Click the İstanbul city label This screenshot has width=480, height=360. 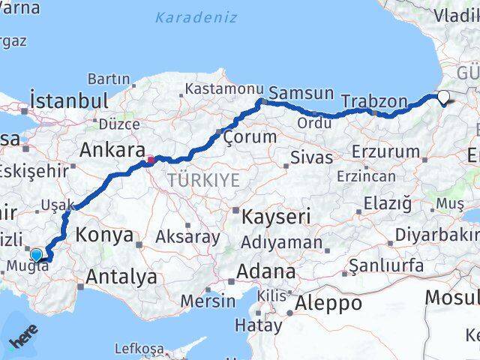(x=68, y=100)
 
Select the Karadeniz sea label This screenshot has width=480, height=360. (x=196, y=17)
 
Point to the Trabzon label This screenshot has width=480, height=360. (x=373, y=100)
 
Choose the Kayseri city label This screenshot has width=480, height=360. (x=276, y=217)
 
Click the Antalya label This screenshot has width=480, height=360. (x=121, y=277)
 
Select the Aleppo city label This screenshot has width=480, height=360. (x=328, y=303)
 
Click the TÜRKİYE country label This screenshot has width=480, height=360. (x=203, y=180)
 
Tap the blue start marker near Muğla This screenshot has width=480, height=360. (x=36, y=255)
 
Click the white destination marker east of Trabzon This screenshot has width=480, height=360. (x=443, y=97)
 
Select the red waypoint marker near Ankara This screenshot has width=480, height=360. (x=151, y=159)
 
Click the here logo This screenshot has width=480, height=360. (x=22, y=340)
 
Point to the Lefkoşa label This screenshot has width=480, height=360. (x=139, y=348)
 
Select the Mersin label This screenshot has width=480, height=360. (x=208, y=301)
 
